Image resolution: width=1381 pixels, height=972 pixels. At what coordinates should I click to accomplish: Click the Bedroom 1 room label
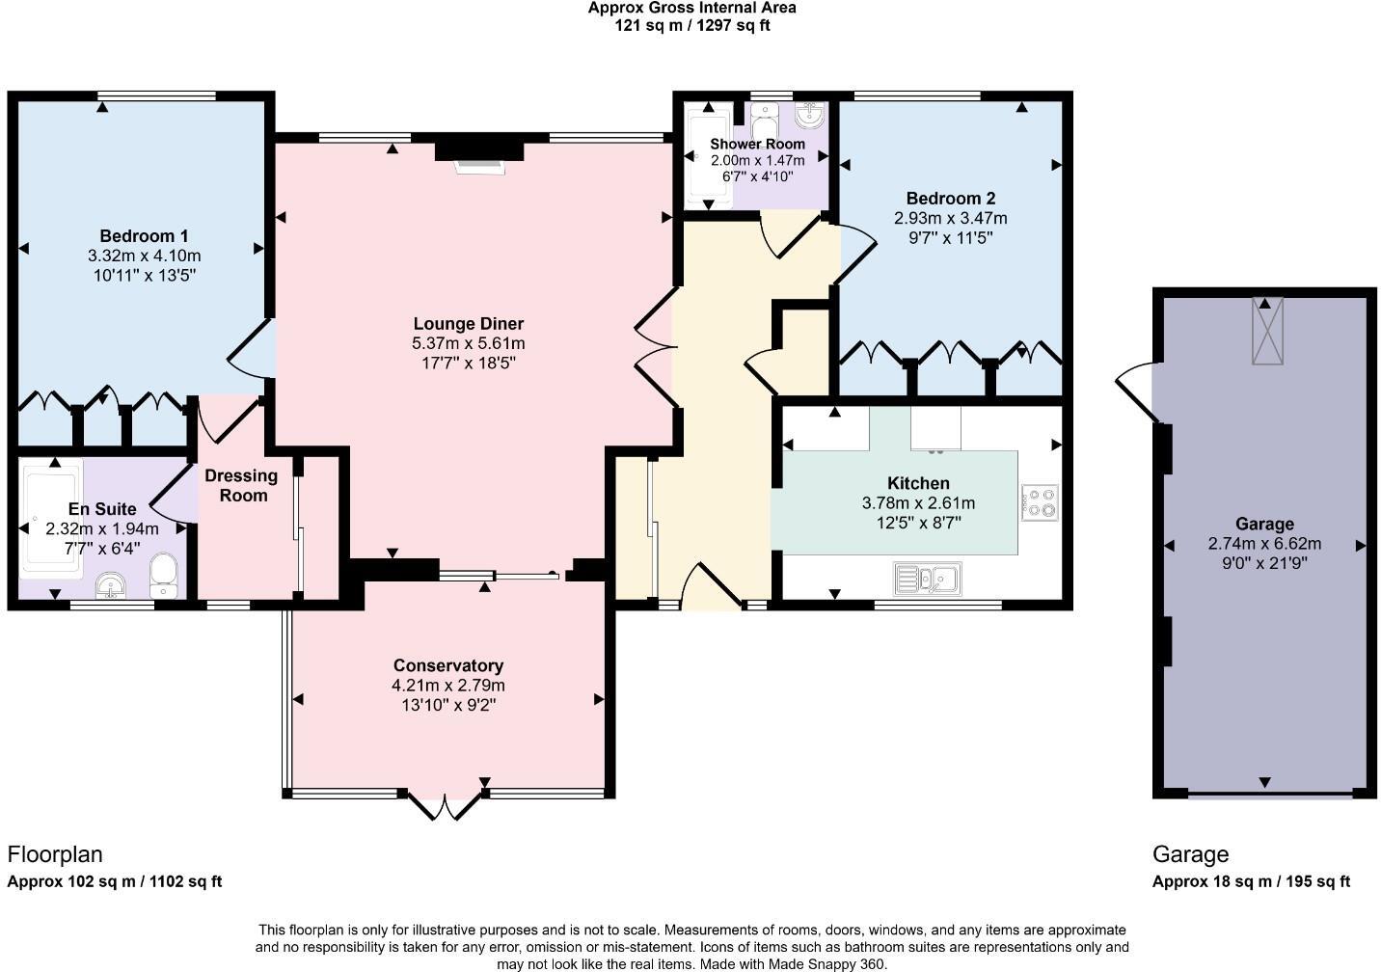(x=145, y=236)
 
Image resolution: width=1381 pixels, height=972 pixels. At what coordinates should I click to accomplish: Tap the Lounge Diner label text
(x=469, y=324)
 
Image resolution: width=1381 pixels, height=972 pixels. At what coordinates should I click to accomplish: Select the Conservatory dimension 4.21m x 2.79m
(x=448, y=685)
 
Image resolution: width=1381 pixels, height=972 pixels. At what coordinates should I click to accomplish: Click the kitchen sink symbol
(x=927, y=579)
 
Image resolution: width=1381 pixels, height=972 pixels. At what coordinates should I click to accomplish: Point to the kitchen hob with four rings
(x=1040, y=502)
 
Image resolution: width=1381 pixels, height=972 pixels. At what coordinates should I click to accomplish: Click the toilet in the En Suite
(x=163, y=575)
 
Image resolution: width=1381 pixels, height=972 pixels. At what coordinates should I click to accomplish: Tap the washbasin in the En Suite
(x=111, y=585)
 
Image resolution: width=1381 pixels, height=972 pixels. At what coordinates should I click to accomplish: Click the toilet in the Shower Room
(x=765, y=121)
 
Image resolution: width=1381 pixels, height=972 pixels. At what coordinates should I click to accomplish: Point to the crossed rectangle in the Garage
(x=1267, y=331)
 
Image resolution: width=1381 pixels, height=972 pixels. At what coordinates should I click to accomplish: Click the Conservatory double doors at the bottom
(x=445, y=805)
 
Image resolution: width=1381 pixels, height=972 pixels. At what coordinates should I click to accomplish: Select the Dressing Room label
(x=241, y=485)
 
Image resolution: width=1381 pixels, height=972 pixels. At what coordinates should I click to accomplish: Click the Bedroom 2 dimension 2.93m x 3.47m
(x=951, y=218)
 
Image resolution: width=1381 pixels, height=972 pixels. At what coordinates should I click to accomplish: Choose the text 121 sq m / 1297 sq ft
(x=691, y=25)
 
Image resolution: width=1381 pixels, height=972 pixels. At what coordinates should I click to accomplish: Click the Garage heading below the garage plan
(x=1190, y=854)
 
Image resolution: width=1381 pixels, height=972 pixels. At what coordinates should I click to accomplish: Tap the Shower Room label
(x=757, y=144)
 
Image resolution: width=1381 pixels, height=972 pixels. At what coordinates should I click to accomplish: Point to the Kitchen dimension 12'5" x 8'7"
(x=919, y=523)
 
